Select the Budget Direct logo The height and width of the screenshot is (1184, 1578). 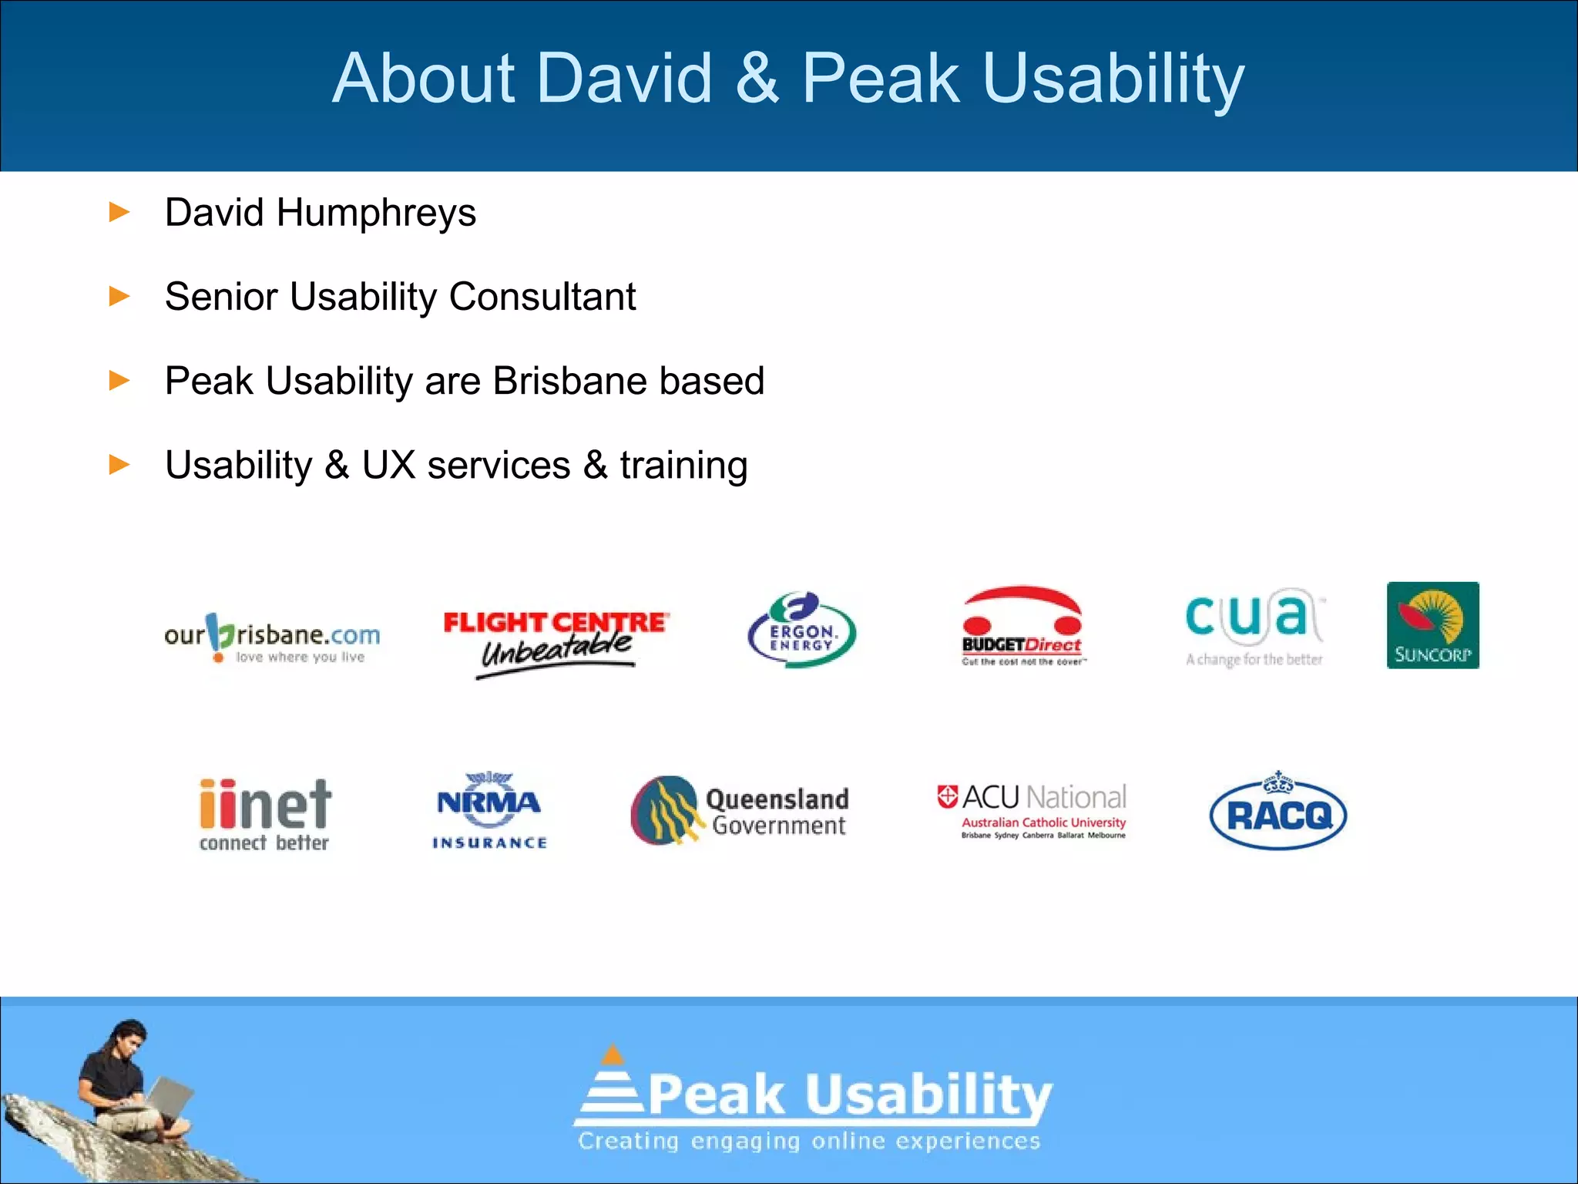[x=1022, y=626]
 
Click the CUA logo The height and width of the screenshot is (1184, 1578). [x=1254, y=626]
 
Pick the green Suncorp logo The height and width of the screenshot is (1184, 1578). [x=1432, y=625]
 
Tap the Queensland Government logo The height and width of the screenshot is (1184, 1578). [x=740, y=811]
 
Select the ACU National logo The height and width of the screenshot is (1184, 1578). [x=1032, y=809]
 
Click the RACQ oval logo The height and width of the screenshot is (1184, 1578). [x=1278, y=812]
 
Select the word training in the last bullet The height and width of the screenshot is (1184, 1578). [x=683, y=466]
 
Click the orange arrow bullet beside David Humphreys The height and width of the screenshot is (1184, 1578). [x=119, y=212]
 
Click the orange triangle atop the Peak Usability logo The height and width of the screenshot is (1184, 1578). [x=613, y=1054]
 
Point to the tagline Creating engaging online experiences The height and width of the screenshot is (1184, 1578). [x=809, y=1141]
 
